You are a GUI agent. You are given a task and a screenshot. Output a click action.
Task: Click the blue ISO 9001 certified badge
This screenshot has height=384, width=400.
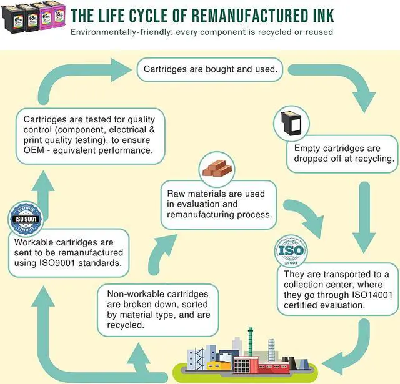pyautogui.click(x=26, y=217)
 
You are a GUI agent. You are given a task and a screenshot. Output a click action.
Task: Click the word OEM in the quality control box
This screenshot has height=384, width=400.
pyautogui.click(x=37, y=150)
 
